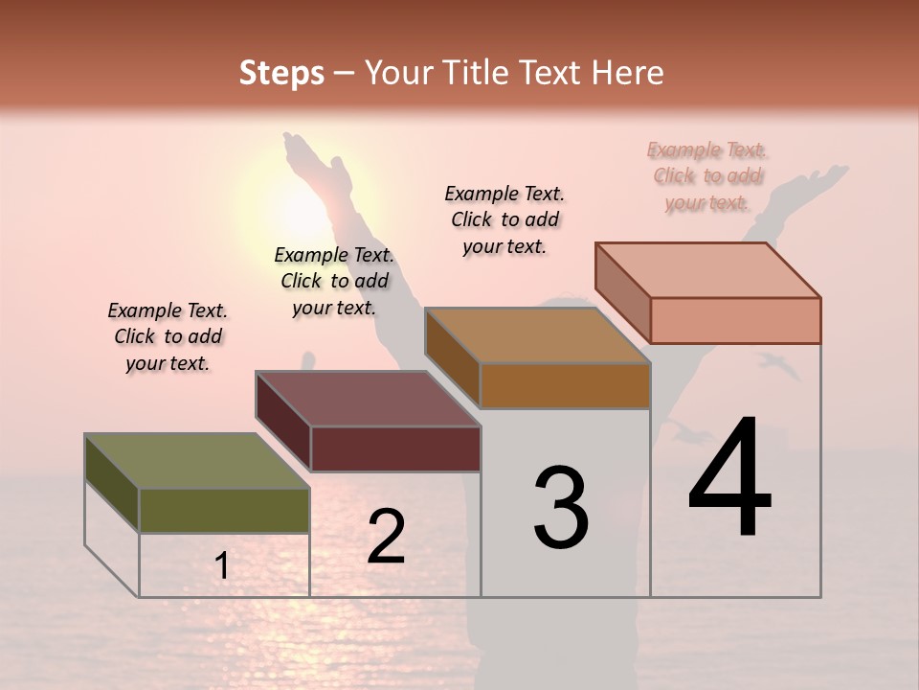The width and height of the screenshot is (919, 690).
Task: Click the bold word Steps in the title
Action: click(x=281, y=73)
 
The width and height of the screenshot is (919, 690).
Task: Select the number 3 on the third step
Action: click(x=561, y=507)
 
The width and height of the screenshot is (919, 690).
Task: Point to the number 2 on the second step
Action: click(x=386, y=537)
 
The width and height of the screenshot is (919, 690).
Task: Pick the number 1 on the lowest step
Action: click(x=222, y=566)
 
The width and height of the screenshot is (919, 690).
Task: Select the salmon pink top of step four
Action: click(x=708, y=270)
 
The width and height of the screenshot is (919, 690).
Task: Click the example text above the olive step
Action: click(x=168, y=336)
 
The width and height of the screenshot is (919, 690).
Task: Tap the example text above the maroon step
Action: click(x=334, y=281)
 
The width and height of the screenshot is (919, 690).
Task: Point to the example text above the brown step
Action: click(x=504, y=219)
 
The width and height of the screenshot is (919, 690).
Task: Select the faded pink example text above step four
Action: click(x=707, y=175)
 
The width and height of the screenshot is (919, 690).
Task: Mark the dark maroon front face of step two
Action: click(x=395, y=449)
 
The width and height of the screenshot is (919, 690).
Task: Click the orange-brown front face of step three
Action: click(x=565, y=386)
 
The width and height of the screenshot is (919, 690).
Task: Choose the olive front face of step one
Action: click(x=224, y=511)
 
